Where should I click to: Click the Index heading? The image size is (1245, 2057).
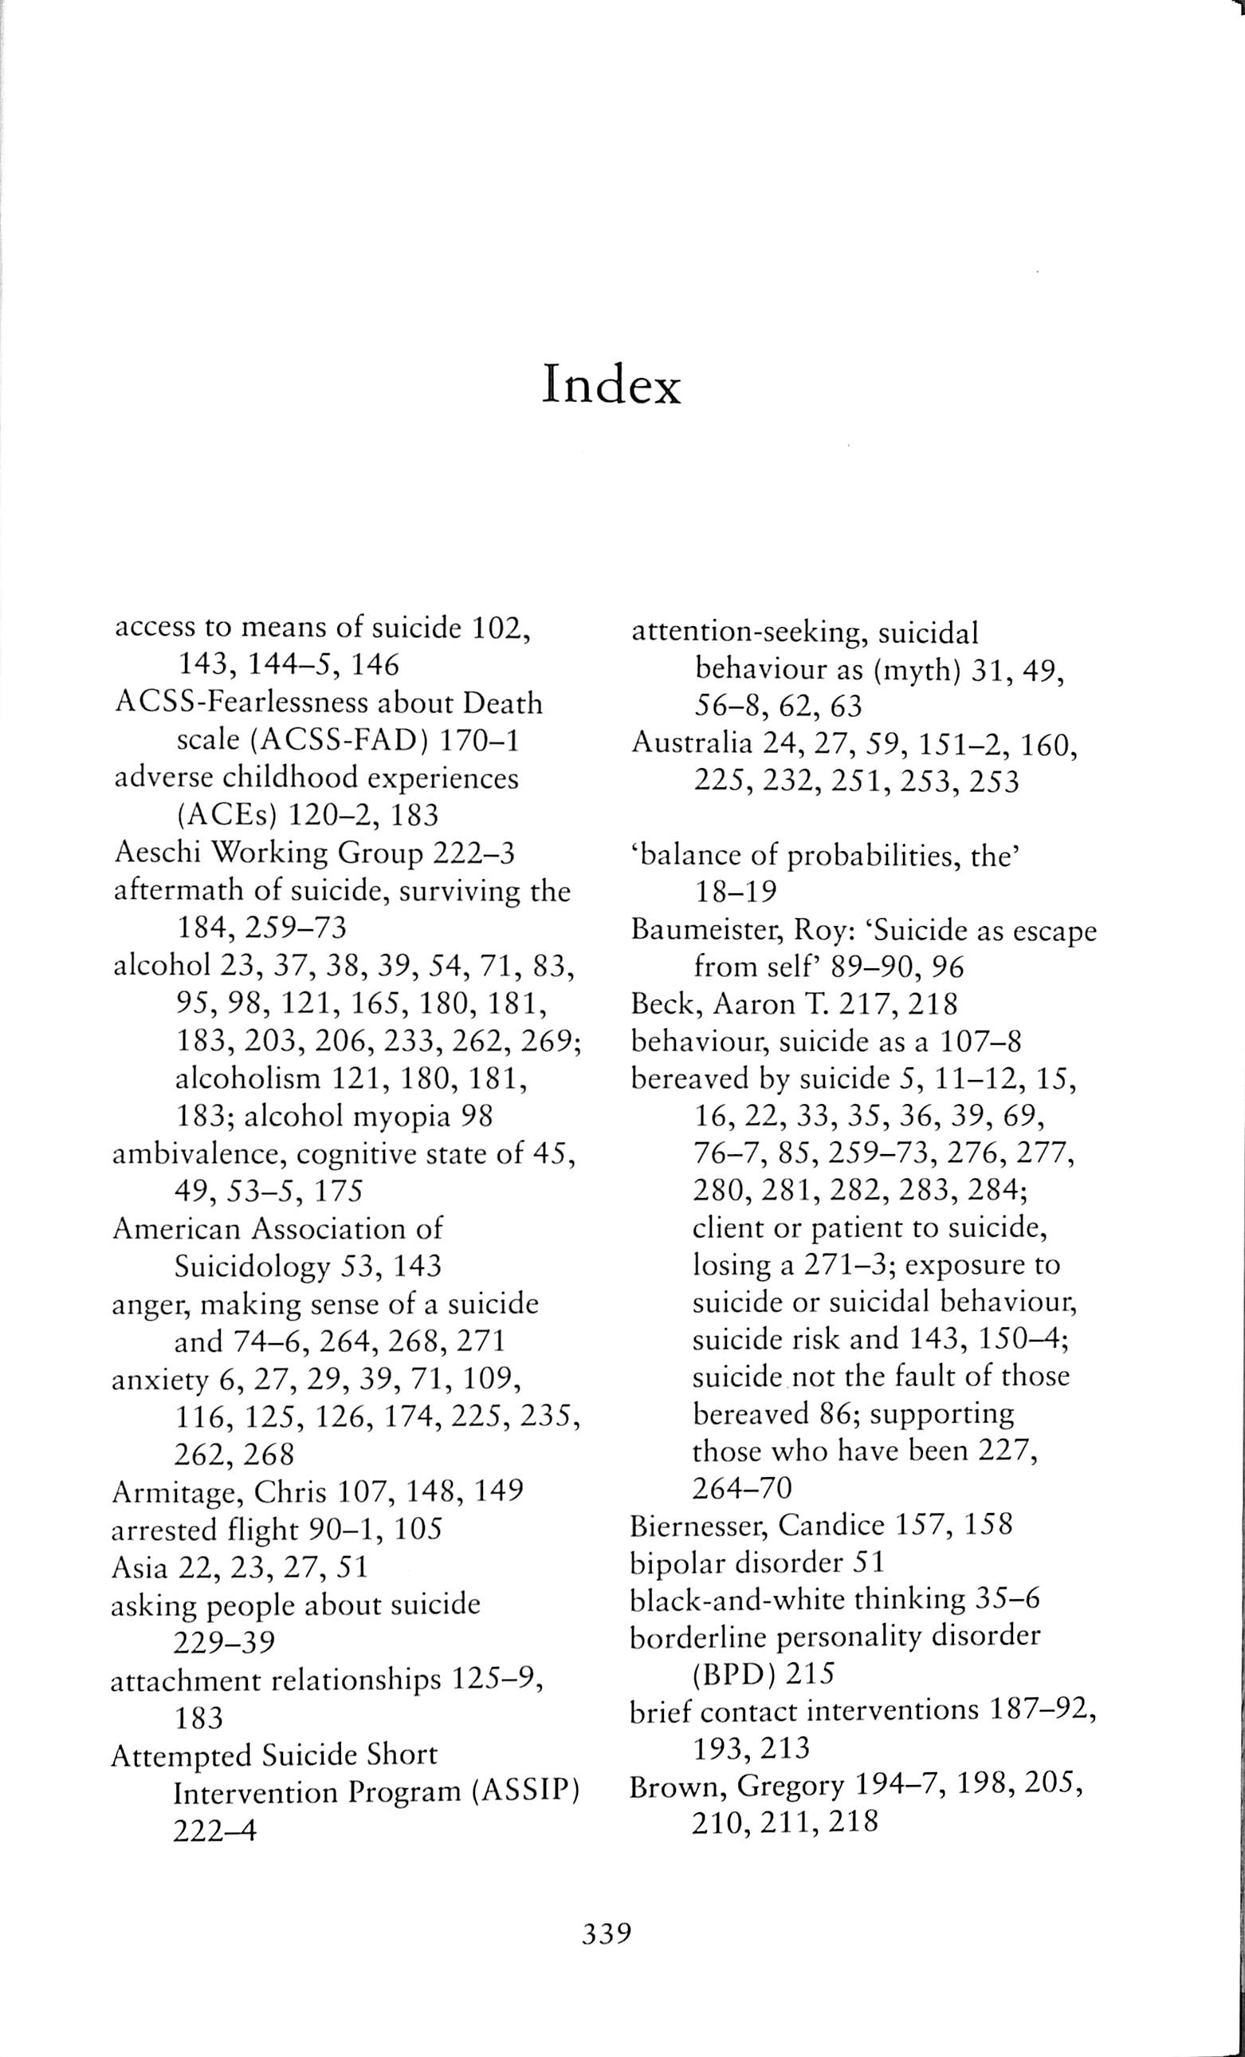611,385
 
